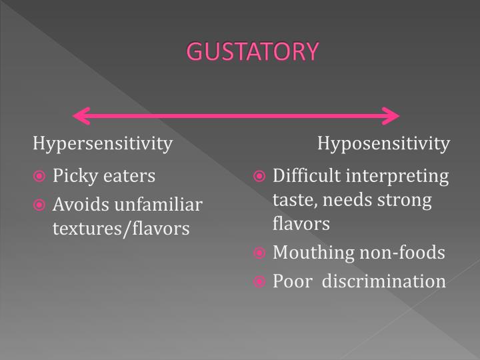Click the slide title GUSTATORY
click(253, 51)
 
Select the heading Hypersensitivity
click(103, 143)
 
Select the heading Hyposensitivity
click(383, 143)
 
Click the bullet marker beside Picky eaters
click(41, 177)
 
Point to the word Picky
click(74, 176)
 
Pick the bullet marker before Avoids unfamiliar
click(41, 203)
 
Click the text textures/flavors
click(121, 229)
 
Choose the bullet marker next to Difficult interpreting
click(261, 177)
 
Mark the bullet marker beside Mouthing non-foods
click(261, 253)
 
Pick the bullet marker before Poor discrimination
click(261, 281)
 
